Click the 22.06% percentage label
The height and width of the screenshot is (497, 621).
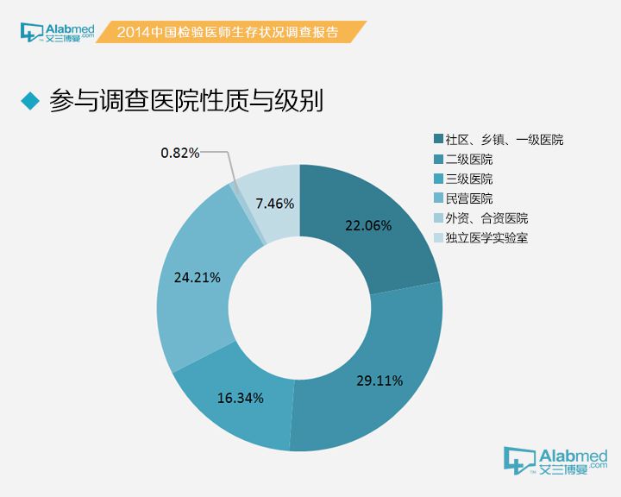point(368,226)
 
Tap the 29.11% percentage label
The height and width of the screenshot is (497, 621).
point(379,380)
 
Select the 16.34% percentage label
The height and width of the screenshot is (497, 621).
point(241,398)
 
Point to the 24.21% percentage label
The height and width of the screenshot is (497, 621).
point(198,278)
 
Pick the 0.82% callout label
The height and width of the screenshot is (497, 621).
point(179,153)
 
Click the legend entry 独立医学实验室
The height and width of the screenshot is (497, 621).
point(486,238)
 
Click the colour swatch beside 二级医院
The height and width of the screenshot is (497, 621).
point(438,160)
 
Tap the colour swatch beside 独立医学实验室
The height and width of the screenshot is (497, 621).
point(438,238)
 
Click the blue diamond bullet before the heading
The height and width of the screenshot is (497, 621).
point(30,101)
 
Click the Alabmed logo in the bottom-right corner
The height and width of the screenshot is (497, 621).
point(555,462)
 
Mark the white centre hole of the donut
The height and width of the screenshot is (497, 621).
point(298,308)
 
